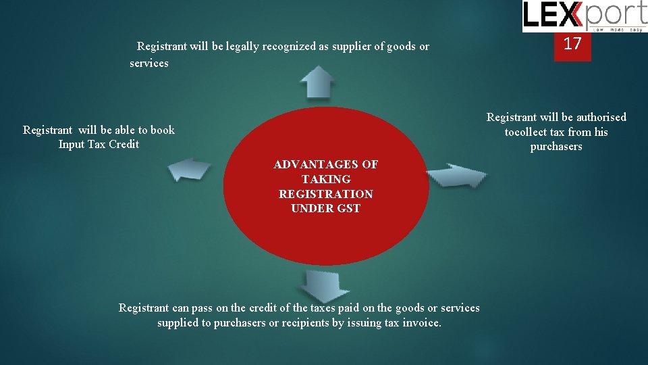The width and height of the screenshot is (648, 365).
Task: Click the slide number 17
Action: click(572, 44)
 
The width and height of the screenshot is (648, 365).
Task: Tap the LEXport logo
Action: click(584, 16)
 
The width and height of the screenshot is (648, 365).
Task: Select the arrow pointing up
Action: click(317, 82)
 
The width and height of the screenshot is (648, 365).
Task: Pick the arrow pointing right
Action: click(456, 176)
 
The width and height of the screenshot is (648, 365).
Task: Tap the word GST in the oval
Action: click(348, 208)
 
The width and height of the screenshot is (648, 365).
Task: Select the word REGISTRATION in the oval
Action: click(325, 194)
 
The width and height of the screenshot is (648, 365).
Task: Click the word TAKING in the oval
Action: click(325, 179)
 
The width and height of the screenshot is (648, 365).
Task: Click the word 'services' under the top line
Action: click(148, 63)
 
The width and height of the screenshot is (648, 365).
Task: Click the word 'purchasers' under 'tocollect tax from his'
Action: click(556, 147)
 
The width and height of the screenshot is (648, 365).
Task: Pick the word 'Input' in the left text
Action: click(71, 144)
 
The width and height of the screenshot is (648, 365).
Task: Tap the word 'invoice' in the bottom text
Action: click(422, 322)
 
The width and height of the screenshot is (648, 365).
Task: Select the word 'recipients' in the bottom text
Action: click(304, 322)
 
